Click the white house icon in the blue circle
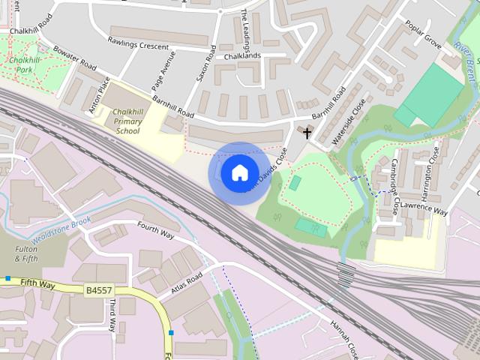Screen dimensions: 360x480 (239, 173)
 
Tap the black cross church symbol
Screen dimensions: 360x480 (307, 133)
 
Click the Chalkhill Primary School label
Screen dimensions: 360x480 (127, 121)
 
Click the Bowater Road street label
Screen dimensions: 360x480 (74, 58)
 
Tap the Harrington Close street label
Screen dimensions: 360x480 (434, 172)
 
